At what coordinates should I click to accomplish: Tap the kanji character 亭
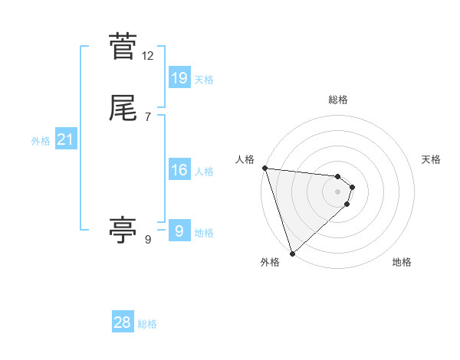123,230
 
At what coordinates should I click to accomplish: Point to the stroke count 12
148,56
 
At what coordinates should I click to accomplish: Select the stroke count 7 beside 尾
148,117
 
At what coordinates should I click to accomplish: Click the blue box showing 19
179,77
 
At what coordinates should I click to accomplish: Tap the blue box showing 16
179,170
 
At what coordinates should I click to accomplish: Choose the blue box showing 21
65,139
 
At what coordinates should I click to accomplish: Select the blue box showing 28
123,322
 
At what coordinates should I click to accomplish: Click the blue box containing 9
179,231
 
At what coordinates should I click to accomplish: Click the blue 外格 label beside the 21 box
41,141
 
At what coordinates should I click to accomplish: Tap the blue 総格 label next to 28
147,324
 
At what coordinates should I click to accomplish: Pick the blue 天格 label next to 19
204,79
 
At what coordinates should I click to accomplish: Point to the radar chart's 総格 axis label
338,100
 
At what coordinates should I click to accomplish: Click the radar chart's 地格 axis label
402,262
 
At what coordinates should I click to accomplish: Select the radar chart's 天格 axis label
432,159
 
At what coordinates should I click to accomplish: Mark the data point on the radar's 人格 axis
264,168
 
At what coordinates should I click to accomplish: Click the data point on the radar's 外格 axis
292,253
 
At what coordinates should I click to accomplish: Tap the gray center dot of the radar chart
338,191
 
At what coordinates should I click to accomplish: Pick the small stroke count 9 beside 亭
148,240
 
